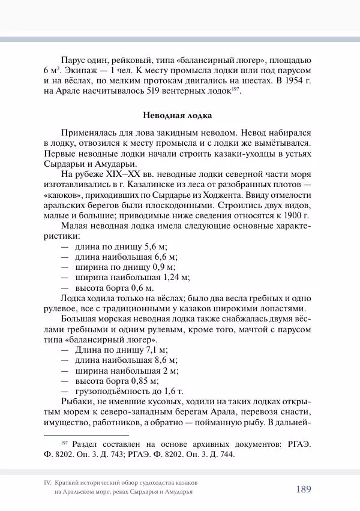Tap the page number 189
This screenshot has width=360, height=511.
[x=303, y=489]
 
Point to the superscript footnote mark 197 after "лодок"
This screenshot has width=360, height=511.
[x=236, y=89]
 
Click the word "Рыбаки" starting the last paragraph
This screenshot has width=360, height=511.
[x=76, y=401]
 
